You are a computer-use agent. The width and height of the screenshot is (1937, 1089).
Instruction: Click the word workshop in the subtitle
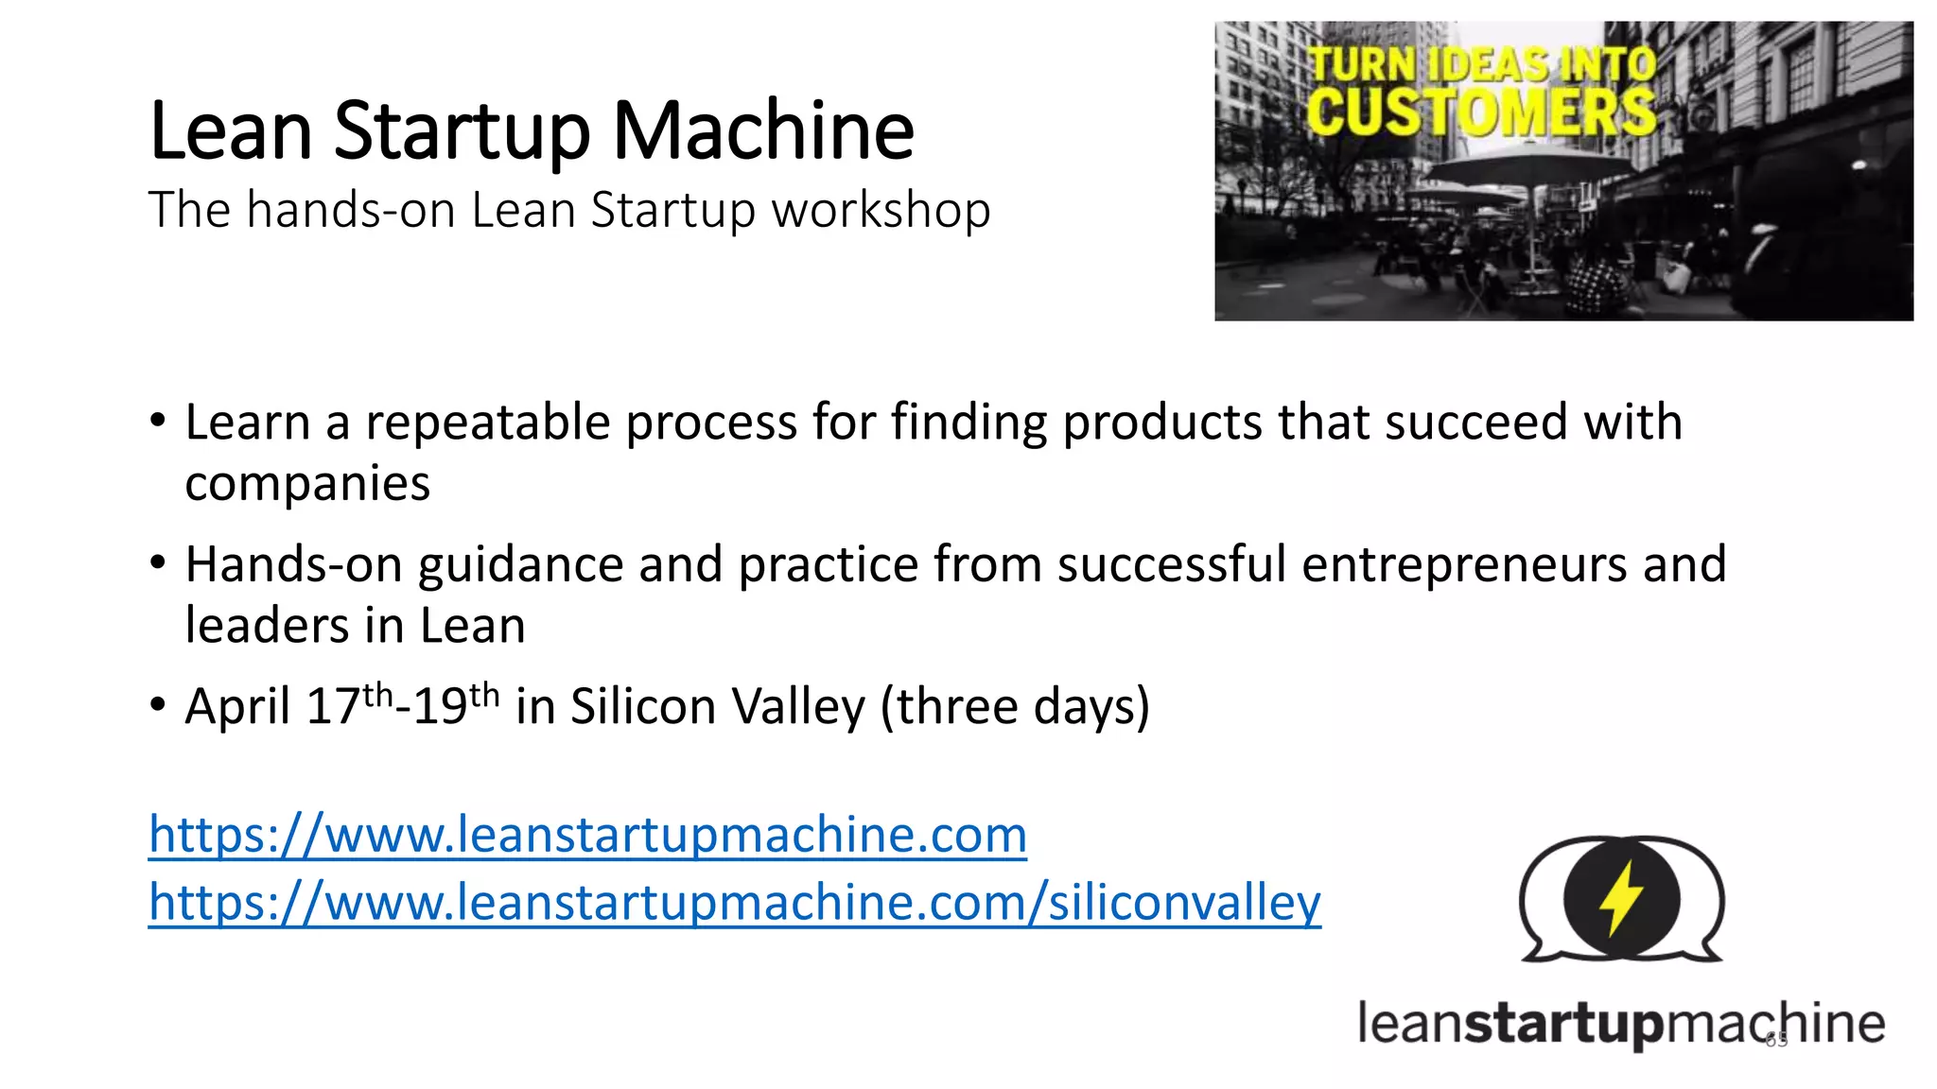[x=881, y=210]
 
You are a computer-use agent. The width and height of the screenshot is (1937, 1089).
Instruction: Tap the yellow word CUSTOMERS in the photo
[x=1480, y=112]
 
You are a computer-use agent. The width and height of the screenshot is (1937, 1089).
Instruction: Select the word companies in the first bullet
[x=307, y=484]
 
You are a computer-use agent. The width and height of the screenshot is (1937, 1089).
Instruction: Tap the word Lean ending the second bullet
[x=472, y=626]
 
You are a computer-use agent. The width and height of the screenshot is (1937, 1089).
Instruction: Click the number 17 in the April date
[x=333, y=707]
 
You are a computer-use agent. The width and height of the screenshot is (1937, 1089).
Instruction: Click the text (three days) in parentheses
[x=1015, y=707]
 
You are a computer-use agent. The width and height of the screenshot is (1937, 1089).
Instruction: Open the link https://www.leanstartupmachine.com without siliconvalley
[x=587, y=836]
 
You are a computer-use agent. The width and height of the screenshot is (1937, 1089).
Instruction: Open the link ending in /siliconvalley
[x=734, y=903]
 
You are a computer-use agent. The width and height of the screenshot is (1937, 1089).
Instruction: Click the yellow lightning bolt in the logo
[x=1621, y=898]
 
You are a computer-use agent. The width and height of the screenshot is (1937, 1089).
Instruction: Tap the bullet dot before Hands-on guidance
[x=158, y=563]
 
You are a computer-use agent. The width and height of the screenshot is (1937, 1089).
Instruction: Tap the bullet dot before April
[x=158, y=705]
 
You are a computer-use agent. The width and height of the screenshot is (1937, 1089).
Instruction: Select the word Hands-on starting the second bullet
[x=294, y=564]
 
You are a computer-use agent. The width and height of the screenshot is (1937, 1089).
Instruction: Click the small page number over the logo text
[x=1776, y=1041]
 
